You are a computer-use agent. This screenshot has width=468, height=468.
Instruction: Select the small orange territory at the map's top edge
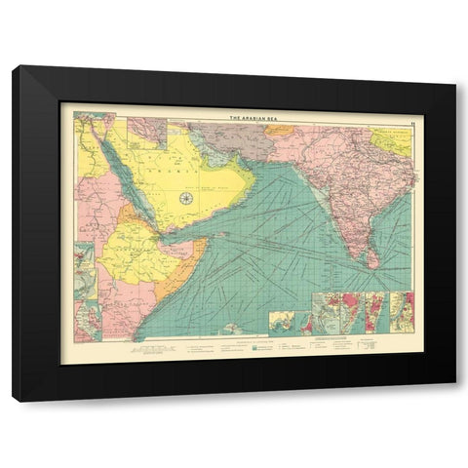pyautogui.click(x=280, y=129)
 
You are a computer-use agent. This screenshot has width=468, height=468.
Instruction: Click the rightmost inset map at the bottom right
pyautogui.click(x=401, y=311)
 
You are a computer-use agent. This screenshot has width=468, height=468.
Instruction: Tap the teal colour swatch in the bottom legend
pyautogui.click(x=255, y=345)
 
